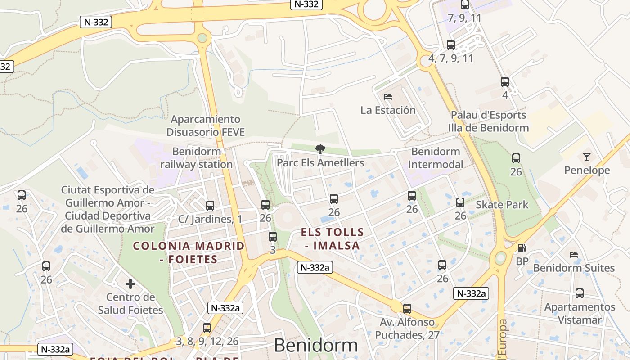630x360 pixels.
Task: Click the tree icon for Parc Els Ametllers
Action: pyautogui.click(x=320, y=149)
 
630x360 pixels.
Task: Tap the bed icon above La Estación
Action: pyautogui.click(x=388, y=96)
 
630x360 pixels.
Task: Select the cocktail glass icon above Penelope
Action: pyautogui.click(x=586, y=157)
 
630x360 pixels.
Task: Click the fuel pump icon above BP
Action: pyautogui.click(x=522, y=248)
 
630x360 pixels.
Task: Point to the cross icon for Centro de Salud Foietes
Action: pyautogui.click(x=130, y=284)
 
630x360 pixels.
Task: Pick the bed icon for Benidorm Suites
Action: pyautogui.click(x=573, y=255)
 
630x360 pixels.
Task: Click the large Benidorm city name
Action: pyautogui.click(x=316, y=346)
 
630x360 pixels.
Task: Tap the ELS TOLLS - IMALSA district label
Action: pyautogui.click(x=333, y=239)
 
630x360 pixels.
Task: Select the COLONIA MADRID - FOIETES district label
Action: pyautogui.click(x=189, y=252)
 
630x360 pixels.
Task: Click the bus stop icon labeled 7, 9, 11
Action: pyautogui.click(x=465, y=5)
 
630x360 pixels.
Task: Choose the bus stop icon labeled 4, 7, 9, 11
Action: pyautogui.click(x=451, y=45)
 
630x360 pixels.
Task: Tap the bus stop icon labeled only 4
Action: pyautogui.click(x=505, y=82)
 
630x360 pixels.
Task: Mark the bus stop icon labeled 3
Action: pyautogui.click(x=273, y=237)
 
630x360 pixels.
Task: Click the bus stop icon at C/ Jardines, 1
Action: pyautogui.click(x=210, y=206)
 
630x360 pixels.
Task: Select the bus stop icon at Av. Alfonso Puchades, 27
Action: pyautogui.click(x=407, y=309)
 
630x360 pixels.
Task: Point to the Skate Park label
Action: pyautogui.click(x=502, y=205)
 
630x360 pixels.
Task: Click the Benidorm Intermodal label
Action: pyautogui.click(x=435, y=158)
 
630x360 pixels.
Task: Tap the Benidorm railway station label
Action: pyautogui.click(x=197, y=158)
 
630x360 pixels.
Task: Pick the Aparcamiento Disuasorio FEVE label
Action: pyautogui.click(x=206, y=126)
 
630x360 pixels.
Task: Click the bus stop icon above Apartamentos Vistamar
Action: pyautogui.click(x=580, y=293)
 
